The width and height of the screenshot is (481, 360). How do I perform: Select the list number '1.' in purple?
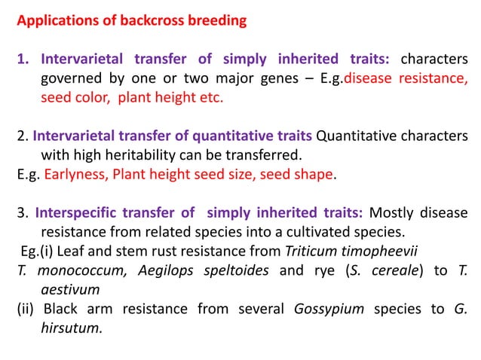click(x=23, y=59)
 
